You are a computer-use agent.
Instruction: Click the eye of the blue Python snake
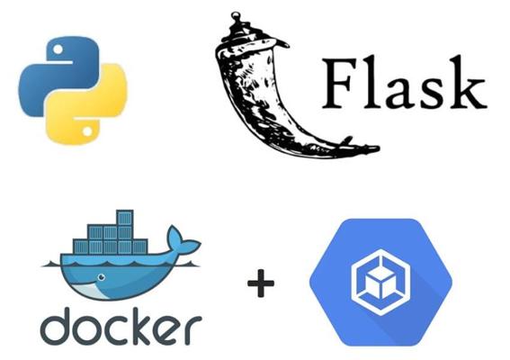(x=58, y=49)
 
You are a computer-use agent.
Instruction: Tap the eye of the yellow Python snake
(x=87, y=131)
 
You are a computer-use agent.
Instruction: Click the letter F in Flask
(x=339, y=84)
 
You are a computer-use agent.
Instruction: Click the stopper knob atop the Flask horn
(x=236, y=15)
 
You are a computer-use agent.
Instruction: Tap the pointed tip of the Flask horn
(x=376, y=148)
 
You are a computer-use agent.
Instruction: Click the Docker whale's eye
(x=102, y=277)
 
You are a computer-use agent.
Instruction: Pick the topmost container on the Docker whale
(x=125, y=218)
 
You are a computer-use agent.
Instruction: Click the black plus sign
(x=261, y=283)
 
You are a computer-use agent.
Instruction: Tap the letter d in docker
(x=55, y=326)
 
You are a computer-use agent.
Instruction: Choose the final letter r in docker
(x=194, y=330)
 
